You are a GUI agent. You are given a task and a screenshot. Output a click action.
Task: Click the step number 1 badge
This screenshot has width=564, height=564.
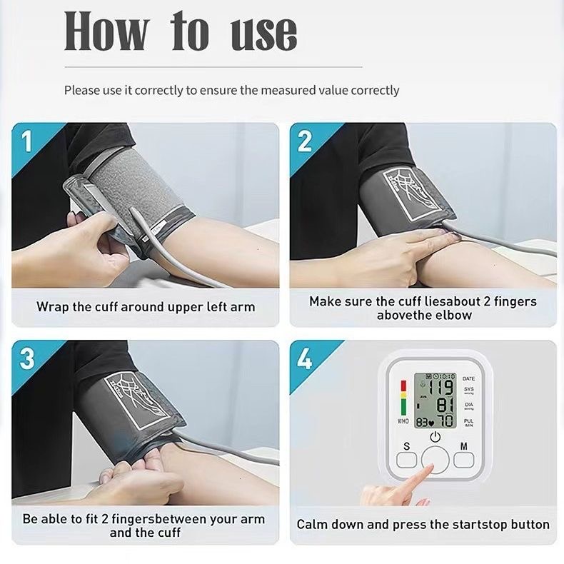[27, 141]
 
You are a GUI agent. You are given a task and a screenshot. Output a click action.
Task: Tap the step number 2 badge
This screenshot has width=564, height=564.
[305, 141]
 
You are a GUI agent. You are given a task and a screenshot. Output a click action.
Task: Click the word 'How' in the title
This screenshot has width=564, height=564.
[107, 32]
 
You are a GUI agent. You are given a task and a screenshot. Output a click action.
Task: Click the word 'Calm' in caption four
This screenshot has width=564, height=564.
[313, 524]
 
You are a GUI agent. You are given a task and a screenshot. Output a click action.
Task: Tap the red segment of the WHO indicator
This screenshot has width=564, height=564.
[402, 386]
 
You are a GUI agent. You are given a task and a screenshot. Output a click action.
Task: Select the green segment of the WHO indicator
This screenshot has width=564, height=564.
[402, 409]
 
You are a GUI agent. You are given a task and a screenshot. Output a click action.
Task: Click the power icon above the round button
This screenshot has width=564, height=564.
[435, 437]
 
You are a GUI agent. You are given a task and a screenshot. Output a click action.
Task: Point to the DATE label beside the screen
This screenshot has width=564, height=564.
[468, 378]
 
